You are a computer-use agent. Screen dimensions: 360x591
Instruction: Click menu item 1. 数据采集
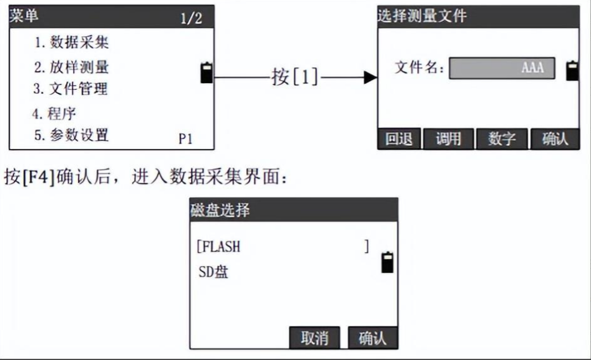click(71, 43)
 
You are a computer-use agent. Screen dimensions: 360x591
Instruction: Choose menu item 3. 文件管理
click(70, 89)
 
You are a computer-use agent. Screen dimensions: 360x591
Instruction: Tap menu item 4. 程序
click(55, 114)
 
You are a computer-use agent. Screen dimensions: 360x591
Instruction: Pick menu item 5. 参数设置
click(70, 135)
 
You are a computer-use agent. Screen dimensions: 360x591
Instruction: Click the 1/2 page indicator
click(190, 18)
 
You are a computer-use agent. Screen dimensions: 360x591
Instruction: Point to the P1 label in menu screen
click(185, 139)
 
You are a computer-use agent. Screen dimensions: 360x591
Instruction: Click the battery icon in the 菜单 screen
click(206, 72)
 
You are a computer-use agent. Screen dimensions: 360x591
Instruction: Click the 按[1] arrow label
click(295, 78)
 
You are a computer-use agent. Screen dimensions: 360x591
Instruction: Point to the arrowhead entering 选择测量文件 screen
click(370, 78)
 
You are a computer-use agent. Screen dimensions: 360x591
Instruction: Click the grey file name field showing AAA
click(501, 68)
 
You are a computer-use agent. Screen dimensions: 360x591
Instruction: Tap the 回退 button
click(399, 139)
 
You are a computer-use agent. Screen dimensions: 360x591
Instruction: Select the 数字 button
click(501, 139)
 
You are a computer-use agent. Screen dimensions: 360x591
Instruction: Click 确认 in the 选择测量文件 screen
click(554, 139)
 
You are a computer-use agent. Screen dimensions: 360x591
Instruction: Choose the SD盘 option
click(213, 273)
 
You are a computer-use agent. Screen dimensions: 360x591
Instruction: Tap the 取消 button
click(314, 338)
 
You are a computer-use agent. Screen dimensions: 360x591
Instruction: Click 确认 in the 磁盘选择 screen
click(372, 338)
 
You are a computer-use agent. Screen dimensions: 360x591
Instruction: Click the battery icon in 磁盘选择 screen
click(387, 262)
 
